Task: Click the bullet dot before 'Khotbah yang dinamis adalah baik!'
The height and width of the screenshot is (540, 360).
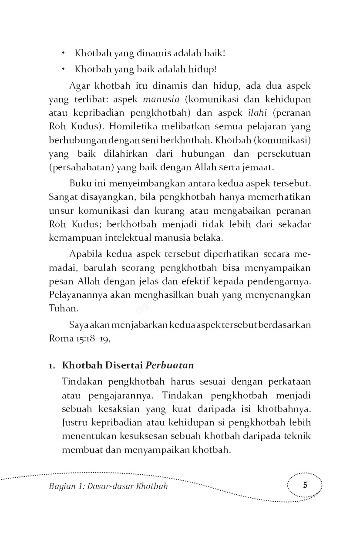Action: [x=64, y=54]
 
